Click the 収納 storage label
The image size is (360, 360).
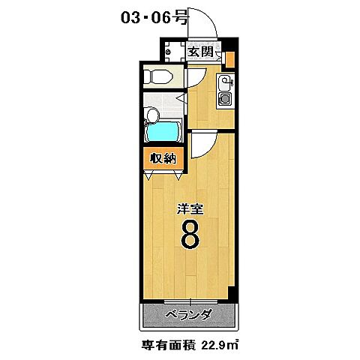point(162,157)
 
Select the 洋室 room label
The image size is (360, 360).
point(189,211)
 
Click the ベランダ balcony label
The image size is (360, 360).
point(188,314)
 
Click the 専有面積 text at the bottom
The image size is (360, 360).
point(169,346)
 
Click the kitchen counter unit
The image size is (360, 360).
point(225,90)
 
